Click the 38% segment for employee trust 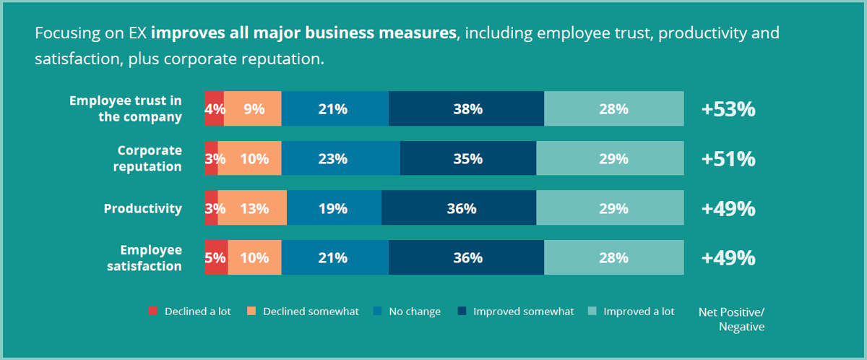point(466,109)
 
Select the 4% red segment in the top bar point(214,109)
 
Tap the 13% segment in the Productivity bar point(252,209)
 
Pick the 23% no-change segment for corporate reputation point(340,159)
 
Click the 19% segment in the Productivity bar point(334,209)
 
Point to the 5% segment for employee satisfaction point(216,258)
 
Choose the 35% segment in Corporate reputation point(467,159)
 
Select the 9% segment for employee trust point(252,109)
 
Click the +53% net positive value point(728,110)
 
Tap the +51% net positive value point(728,159)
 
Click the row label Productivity point(142,209)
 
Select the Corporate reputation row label point(150,158)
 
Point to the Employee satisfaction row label point(150,258)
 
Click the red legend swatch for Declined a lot point(152,312)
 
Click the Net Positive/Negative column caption point(731,319)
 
